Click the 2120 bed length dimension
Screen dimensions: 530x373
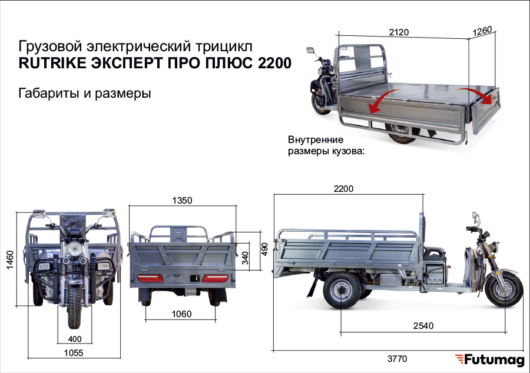(x=399, y=32)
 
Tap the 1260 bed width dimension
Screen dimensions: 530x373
(x=482, y=31)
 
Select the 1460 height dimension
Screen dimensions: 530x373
(x=10, y=259)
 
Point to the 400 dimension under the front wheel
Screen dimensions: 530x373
(x=75, y=339)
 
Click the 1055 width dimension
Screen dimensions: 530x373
(x=74, y=353)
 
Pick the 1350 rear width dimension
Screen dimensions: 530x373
(x=182, y=201)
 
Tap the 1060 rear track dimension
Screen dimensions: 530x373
(x=181, y=314)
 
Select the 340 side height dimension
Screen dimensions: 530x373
(x=246, y=258)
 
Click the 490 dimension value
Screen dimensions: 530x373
(x=264, y=249)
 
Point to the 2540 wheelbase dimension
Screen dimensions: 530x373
(x=423, y=326)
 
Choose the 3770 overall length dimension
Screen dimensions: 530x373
(x=397, y=358)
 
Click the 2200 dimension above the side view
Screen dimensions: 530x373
(x=344, y=189)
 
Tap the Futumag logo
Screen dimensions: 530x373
(x=489, y=360)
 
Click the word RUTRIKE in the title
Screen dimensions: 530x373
(x=52, y=63)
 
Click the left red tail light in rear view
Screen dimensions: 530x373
(x=150, y=278)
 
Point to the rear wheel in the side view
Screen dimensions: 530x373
(x=342, y=291)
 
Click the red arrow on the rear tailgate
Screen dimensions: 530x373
(x=475, y=95)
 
